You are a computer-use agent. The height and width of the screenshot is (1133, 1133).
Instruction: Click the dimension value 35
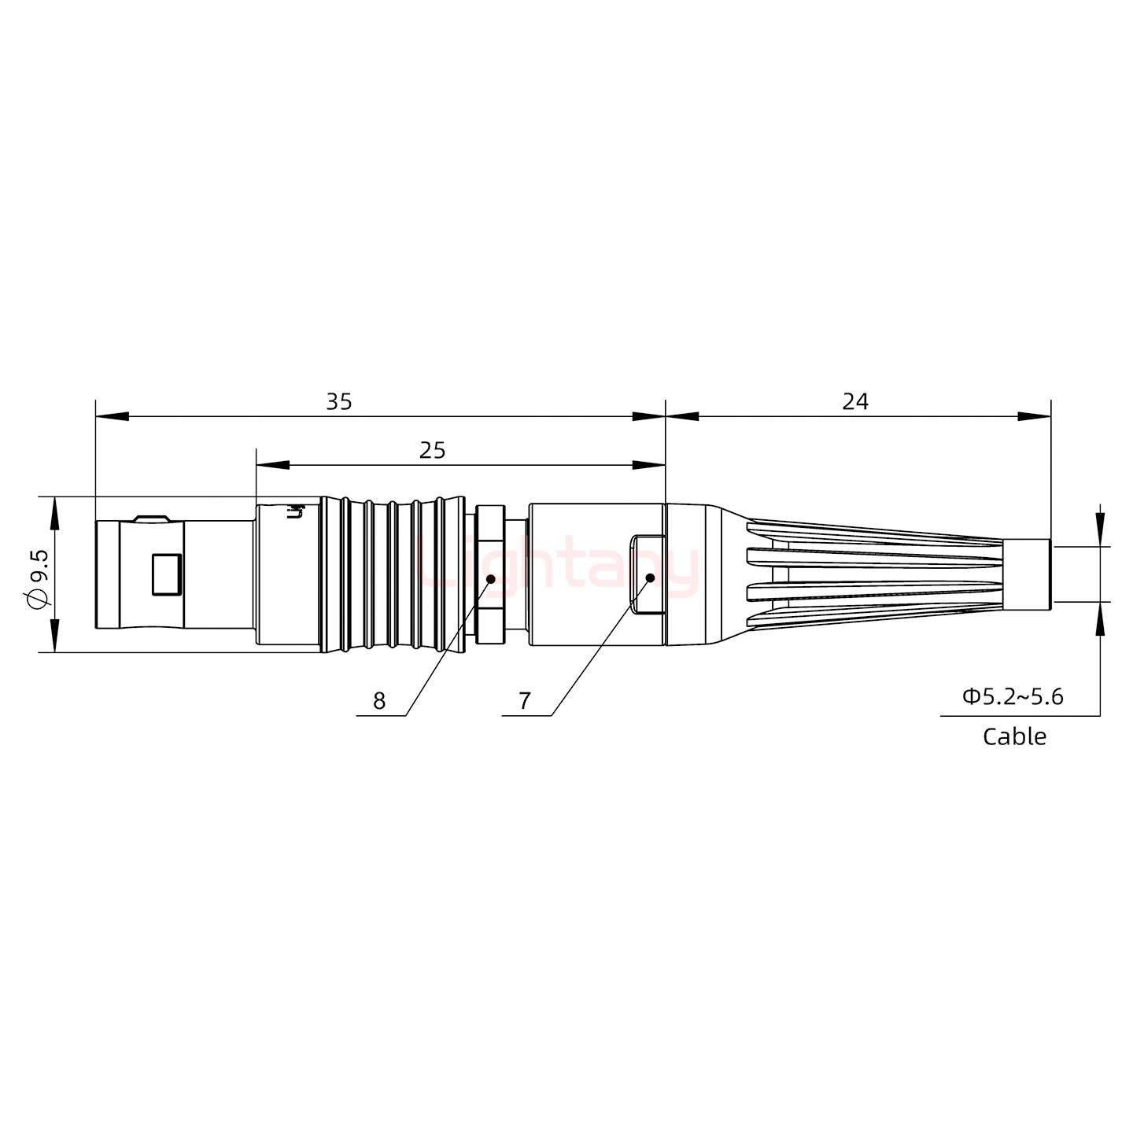(339, 402)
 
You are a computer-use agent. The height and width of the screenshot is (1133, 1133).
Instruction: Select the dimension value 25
(432, 451)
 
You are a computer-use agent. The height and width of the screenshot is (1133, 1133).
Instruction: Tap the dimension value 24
(855, 402)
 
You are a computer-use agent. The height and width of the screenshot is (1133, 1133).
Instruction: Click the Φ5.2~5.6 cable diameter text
(1013, 696)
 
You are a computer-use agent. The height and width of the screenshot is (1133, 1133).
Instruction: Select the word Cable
(1014, 737)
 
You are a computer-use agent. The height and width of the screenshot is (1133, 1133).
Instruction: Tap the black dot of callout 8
(491, 579)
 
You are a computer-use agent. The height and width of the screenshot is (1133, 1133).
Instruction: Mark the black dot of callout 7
(650, 578)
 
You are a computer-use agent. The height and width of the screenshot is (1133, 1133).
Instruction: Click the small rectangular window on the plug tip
(167, 574)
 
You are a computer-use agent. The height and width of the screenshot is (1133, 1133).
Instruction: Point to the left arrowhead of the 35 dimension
(111, 416)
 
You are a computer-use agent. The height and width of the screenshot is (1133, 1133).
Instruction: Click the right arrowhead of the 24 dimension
(1035, 416)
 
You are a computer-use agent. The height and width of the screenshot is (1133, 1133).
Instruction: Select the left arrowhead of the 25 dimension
(272, 466)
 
